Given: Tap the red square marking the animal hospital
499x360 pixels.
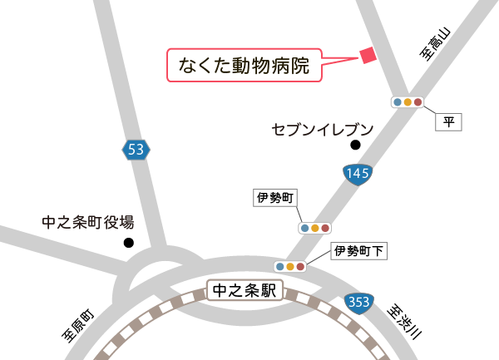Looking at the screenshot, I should [x=368, y=55].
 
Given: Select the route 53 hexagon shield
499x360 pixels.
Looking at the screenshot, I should [x=136, y=150].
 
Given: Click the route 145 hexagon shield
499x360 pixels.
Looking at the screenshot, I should [x=357, y=174].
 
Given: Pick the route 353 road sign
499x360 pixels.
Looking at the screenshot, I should [x=360, y=301].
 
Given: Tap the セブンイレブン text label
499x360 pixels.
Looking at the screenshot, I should [x=323, y=130].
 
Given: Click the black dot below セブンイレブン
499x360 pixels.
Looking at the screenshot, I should [x=355, y=145].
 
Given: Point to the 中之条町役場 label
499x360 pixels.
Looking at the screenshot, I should [x=87, y=223].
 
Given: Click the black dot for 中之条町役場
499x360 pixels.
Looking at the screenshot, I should [x=128, y=243].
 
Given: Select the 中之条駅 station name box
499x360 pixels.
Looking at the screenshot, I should [x=245, y=291].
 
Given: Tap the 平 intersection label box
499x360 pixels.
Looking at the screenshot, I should [x=448, y=121].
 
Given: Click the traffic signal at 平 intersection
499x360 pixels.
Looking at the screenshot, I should [x=408, y=102].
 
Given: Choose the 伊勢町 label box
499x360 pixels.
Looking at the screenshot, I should [x=275, y=198].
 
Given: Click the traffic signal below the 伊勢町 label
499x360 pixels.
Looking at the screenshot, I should [x=314, y=227].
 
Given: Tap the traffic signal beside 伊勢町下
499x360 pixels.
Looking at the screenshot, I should [x=289, y=266].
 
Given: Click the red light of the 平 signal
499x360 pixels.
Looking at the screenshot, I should [x=418, y=102].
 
